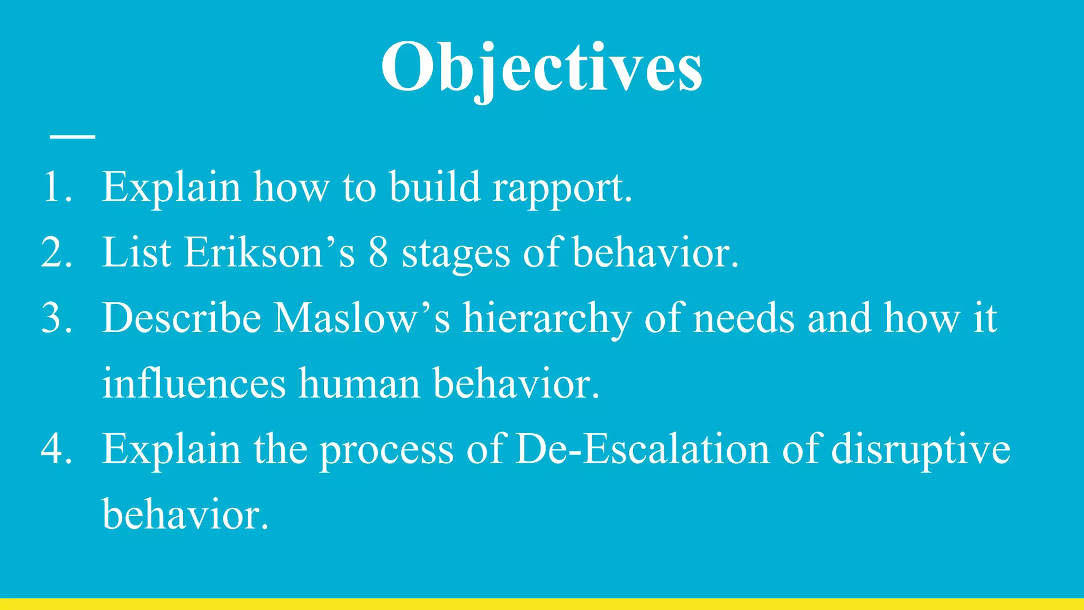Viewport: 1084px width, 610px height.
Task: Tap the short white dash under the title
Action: point(73,137)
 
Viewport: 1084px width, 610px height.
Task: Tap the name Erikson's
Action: point(269,253)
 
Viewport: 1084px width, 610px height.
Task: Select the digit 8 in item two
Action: point(378,253)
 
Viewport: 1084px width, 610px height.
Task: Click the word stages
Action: point(456,255)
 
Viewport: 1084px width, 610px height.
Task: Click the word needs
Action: point(744,318)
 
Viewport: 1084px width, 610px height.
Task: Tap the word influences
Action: point(194,383)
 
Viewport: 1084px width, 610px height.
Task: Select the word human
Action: point(359,383)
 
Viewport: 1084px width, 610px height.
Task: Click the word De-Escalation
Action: point(642,449)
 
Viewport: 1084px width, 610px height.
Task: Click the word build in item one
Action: point(435,187)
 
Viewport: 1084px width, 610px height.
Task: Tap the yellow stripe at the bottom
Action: point(542,604)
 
